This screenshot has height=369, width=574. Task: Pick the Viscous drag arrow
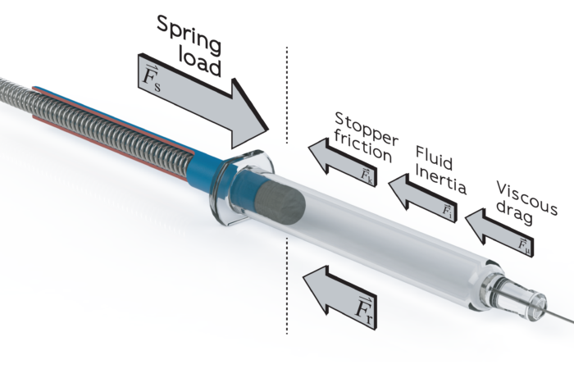tap(499, 231)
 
